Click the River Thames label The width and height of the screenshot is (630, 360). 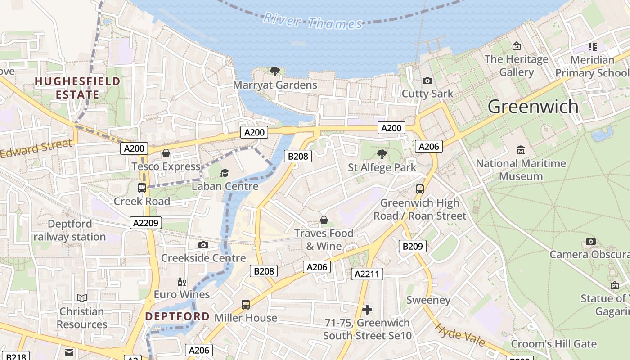pyautogui.click(x=313, y=21)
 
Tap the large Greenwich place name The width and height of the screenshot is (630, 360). pyautogui.click(x=533, y=107)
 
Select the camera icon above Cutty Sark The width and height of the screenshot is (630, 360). pyautogui.click(x=427, y=81)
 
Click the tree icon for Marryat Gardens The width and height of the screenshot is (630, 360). pyautogui.click(x=274, y=71)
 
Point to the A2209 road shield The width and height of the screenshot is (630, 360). pyautogui.click(x=146, y=223)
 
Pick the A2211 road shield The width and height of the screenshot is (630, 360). pyautogui.click(x=367, y=274)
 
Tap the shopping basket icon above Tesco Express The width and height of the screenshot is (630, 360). pyautogui.click(x=166, y=153)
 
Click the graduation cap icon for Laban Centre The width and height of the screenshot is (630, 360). pyautogui.click(x=225, y=173)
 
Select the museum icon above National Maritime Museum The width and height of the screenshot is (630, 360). pyautogui.click(x=521, y=150)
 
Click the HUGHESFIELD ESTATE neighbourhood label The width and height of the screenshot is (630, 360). pyautogui.click(x=77, y=88)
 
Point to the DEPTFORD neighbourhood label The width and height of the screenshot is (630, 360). pyautogui.click(x=177, y=316)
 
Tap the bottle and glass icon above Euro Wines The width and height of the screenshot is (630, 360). pyautogui.click(x=181, y=282)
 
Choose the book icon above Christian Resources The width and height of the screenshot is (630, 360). pyautogui.click(x=81, y=298)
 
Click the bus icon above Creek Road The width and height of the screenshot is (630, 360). pyautogui.click(x=141, y=188)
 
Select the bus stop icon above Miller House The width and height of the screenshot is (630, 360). pyautogui.click(x=245, y=305)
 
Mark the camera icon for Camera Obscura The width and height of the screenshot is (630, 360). pyautogui.click(x=590, y=242)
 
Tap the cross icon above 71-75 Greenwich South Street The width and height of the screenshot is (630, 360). pyautogui.click(x=367, y=310)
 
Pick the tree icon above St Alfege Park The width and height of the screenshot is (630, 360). pyautogui.click(x=382, y=154)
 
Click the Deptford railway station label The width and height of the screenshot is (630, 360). pyautogui.click(x=70, y=230)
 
